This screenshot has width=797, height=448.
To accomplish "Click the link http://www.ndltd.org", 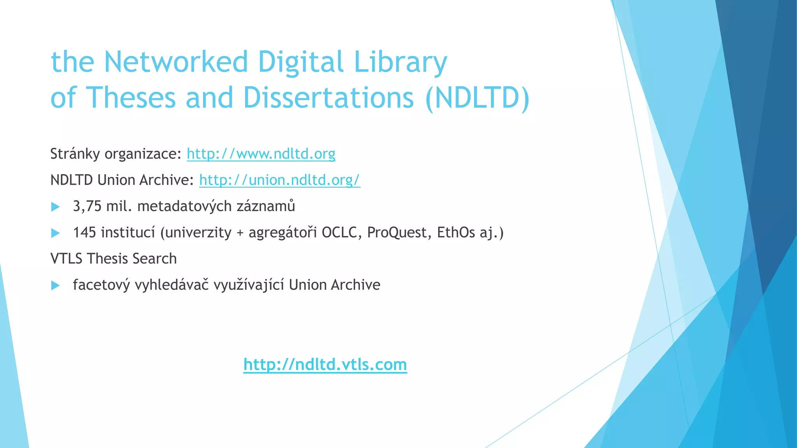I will pyautogui.click(x=261, y=154).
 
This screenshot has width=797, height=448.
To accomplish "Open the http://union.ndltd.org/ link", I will pyautogui.click(x=279, y=180).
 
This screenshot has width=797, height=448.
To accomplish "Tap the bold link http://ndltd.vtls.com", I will pyautogui.click(x=325, y=364).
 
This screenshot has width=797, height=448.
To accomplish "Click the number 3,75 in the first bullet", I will pyautogui.click(x=87, y=206).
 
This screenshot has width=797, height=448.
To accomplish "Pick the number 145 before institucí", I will pyautogui.click(x=84, y=233).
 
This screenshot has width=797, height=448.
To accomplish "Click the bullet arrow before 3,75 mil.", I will pyautogui.click(x=56, y=207).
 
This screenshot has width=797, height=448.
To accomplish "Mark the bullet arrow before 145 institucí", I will pyautogui.click(x=56, y=233).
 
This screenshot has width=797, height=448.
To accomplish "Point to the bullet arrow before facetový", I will pyautogui.click(x=56, y=286).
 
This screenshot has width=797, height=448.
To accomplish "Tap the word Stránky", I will pyautogui.click(x=75, y=154).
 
